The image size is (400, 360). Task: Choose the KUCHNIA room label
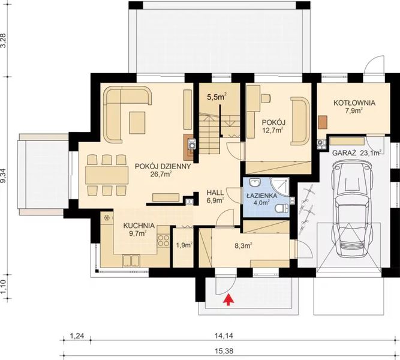coord(139,226)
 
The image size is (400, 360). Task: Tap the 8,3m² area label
coord(243,245)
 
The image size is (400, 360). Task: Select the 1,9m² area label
coord(184,245)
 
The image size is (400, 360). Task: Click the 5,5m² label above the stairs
coord(216,97)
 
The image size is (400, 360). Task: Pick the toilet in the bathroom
coord(281,208)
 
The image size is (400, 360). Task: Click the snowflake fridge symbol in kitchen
coord(107,217)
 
